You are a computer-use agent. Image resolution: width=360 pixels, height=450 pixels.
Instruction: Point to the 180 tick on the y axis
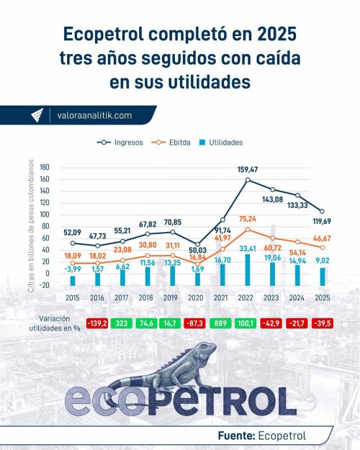point(45,167)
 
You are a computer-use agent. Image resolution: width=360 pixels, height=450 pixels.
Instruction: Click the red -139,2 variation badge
point(97,324)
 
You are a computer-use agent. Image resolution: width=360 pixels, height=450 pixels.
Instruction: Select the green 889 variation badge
point(222,324)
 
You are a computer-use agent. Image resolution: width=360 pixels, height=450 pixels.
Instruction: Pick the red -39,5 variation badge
point(321,324)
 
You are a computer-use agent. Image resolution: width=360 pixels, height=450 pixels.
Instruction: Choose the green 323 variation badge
point(122,324)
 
